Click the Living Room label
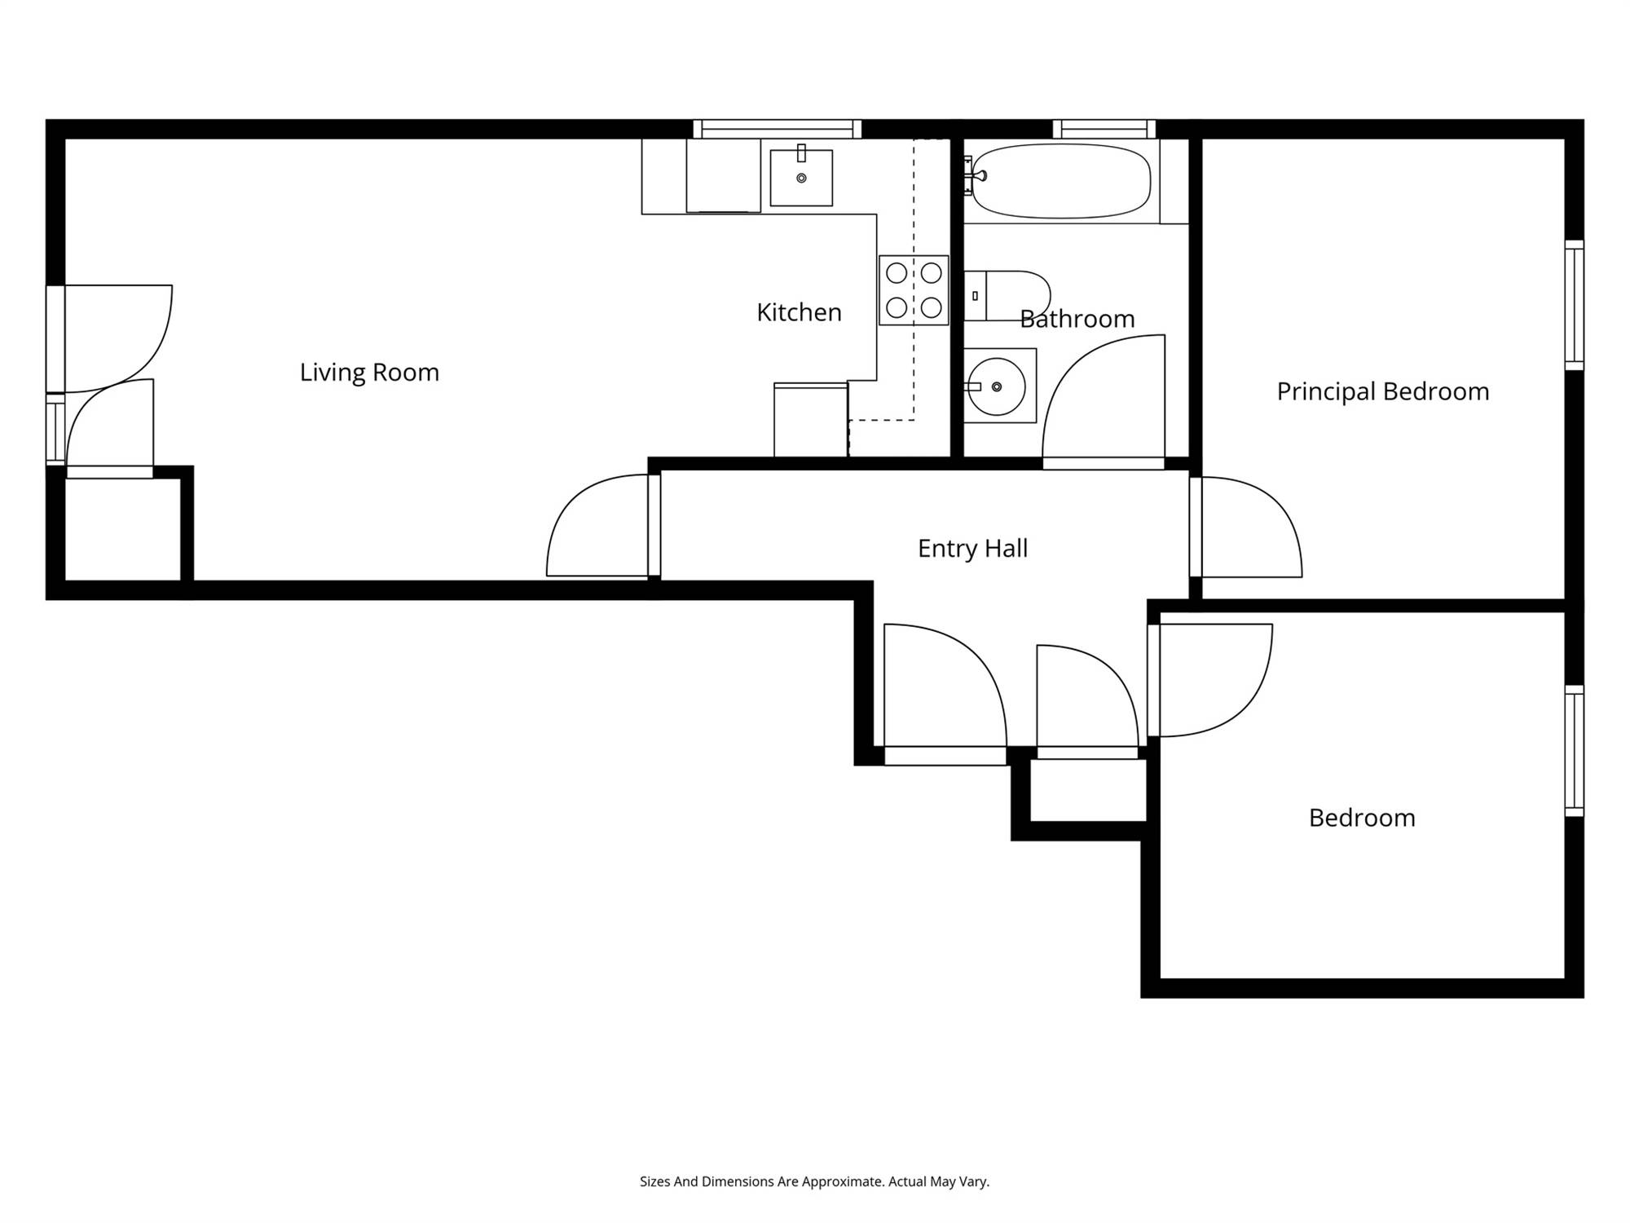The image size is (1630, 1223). [x=369, y=373]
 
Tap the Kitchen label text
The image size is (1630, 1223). [x=799, y=312]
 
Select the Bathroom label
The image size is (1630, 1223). [x=1077, y=319]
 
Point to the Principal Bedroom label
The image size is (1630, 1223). [x=1383, y=391]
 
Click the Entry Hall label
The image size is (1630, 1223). [x=972, y=549]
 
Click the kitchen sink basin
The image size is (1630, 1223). [x=801, y=177]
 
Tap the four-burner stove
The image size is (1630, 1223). [x=914, y=290]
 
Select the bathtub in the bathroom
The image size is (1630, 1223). [x=1061, y=181]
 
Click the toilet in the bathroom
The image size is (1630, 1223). [x=1007, y=296]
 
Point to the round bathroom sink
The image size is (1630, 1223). [x=997, y=386]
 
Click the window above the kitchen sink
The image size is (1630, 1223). [x=778, y=129]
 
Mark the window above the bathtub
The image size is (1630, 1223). [x=1104, y=129]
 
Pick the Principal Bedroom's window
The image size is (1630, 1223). [x=1575, y=305]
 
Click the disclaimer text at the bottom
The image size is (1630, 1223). [x=814, y=1181]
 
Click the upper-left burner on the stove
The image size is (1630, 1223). [x=896, y=272]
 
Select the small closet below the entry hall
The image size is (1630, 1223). [x=1088, y=790]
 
